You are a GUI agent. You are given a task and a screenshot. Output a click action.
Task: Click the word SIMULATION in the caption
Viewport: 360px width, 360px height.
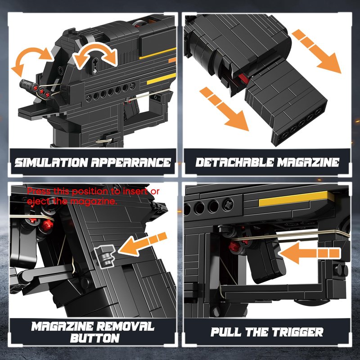(x=51, y=162)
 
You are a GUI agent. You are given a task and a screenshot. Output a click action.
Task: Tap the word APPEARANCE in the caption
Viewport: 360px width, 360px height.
(x=131, y=162)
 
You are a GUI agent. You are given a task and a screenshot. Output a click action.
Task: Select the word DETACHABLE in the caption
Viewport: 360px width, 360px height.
(x=234, y=162)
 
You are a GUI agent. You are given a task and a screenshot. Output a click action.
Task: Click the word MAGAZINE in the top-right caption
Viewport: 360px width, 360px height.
(x=308, y=162)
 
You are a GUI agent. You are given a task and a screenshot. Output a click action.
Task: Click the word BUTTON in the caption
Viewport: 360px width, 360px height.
(x=95, y=338)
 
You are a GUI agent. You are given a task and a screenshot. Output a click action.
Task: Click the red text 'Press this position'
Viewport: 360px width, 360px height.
(x=67, y=191)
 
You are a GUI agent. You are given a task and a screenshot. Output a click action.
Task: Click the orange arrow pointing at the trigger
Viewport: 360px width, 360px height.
(x=310, y=253)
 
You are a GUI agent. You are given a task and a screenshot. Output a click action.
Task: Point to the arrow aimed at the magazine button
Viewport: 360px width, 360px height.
(x=143, y=244)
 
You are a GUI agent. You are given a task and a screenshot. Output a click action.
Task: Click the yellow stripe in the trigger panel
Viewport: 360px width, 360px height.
(x=297, y=199)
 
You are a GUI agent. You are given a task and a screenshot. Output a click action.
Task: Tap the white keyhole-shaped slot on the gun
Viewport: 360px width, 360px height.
(x=95, y=66)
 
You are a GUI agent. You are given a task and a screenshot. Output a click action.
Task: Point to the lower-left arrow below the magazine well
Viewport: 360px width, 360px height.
(x=225, y=109)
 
